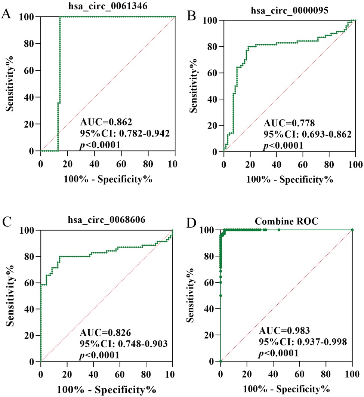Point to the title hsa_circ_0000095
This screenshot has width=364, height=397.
coord(290,11)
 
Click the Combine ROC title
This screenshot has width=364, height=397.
coord(286,221)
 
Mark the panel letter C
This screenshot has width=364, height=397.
coord(6,224)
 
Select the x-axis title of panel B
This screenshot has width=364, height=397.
coord(290,179)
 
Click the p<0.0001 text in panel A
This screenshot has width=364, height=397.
coord(100,144)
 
